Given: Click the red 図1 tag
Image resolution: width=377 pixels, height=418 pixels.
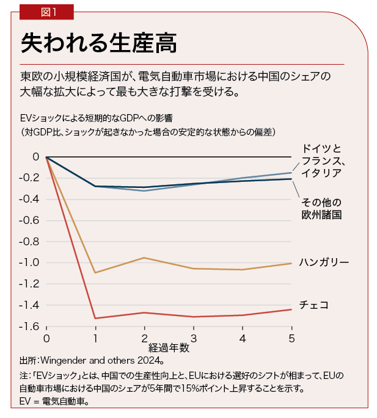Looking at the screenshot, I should point(46,12).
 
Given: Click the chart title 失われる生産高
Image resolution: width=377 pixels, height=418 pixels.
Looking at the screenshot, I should point(98,43).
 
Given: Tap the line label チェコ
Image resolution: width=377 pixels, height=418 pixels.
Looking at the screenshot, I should point(313,304).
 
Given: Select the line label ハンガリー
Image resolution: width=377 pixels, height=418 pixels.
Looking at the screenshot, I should point(324,262).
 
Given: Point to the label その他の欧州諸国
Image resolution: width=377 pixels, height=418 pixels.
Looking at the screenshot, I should point(320,208).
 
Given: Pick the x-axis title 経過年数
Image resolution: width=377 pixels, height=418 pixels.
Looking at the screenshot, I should point(169,348).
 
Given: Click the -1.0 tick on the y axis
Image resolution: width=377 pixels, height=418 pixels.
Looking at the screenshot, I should point(29,262).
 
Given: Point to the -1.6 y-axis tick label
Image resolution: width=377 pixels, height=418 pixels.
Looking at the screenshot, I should point(29,326).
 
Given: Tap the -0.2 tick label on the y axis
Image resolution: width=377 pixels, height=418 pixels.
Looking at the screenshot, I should point(29,178).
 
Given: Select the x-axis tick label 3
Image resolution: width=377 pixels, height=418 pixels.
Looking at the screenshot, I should point(194,338).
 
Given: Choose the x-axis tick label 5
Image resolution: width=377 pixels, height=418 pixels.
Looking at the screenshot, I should point(291,338).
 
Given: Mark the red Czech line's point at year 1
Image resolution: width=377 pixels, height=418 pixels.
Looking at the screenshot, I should point(95,318).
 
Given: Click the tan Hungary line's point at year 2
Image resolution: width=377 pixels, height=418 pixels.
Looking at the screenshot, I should point(144,258).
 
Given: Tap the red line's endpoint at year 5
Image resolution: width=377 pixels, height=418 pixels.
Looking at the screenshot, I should point(291,309).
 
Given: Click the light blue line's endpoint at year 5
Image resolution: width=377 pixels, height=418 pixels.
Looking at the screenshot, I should point(291,173).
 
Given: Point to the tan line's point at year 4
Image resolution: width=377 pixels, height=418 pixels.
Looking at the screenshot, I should point(243,270).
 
